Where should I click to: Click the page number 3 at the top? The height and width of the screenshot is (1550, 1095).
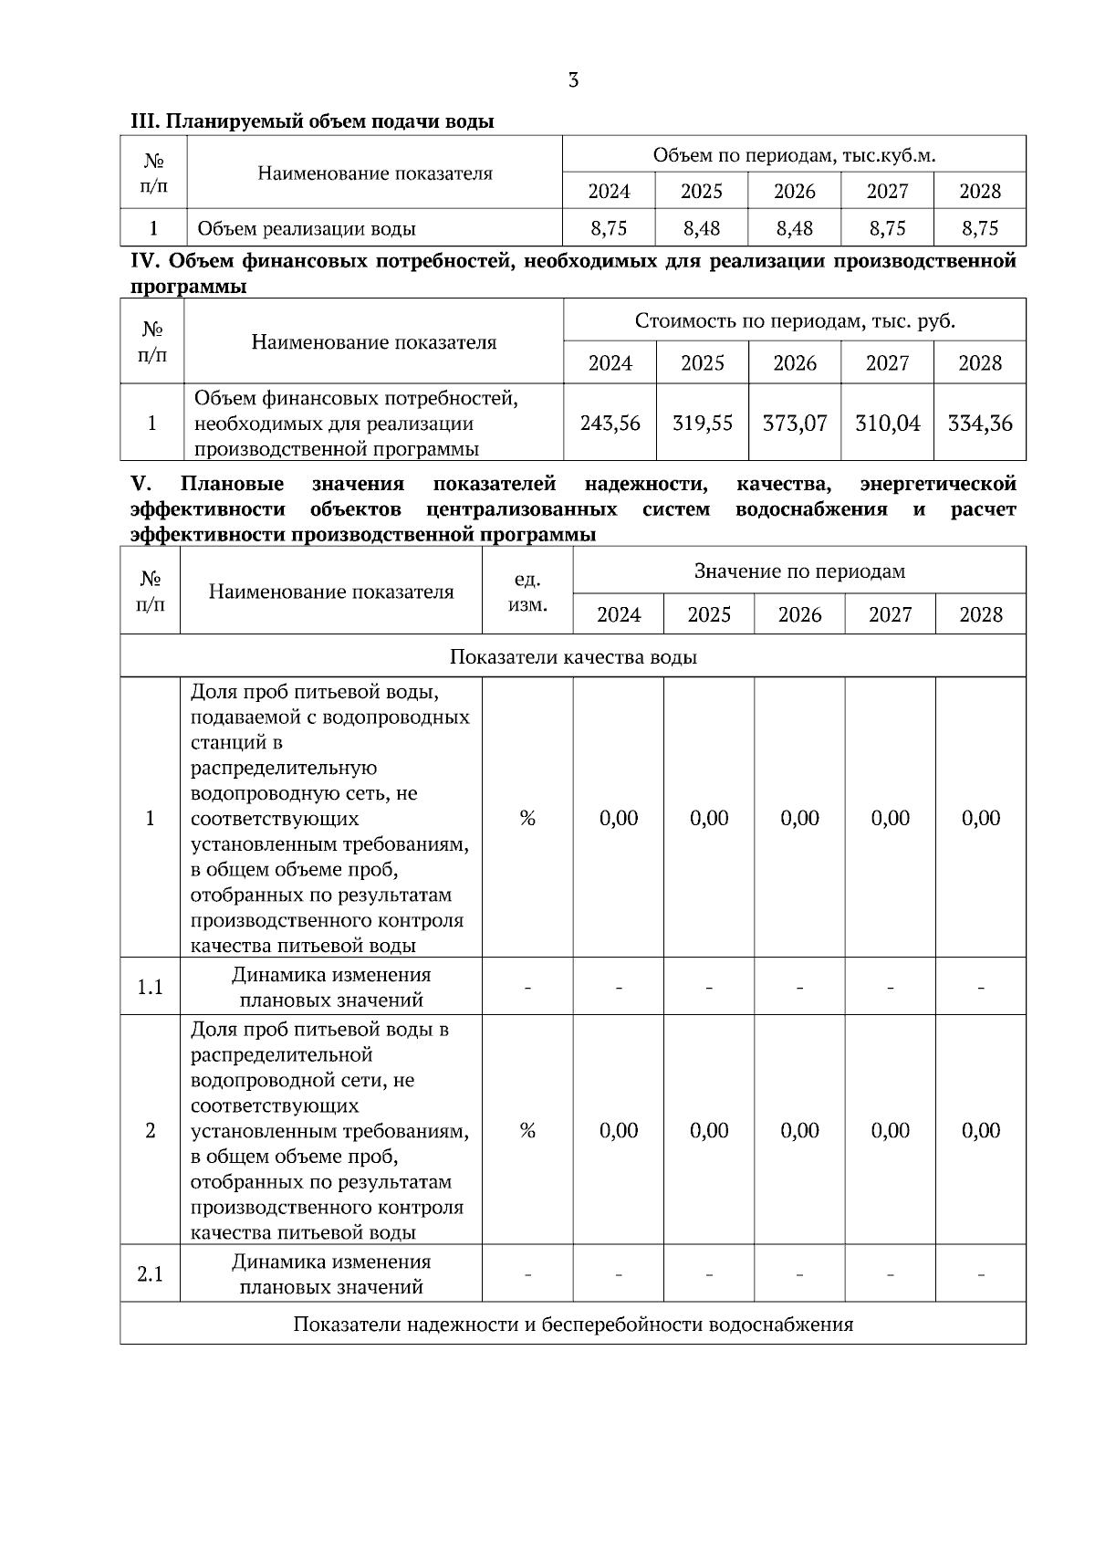pyautogui.click(x=573, y=80)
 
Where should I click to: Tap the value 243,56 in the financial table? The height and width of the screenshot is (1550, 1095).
pyautogui.click(x=610, y=423)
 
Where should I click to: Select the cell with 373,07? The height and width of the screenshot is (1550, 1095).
pyautogui.click(x=794, y=423)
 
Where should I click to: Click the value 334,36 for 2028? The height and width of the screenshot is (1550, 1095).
pyautogui.click(x=980, y=423)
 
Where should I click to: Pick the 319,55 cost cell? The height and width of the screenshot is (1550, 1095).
pyautogui.click(x=702, y=423)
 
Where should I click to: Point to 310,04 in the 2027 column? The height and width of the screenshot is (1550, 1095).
pyautogui.click(x=887, y=423)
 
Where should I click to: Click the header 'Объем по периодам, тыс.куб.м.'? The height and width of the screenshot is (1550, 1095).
pyautogui.click(x=794, y=155)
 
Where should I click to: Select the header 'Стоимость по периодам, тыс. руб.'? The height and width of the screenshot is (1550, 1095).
pyautogui.click(x=795, y=320)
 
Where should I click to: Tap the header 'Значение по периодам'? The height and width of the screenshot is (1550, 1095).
pyautogui.click(x=799, y=571)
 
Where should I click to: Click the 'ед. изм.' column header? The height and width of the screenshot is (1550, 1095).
pyautogui.click(x=527, y=592)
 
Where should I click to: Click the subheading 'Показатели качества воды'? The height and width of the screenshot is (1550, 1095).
pyautogui.click(x=573, y=656)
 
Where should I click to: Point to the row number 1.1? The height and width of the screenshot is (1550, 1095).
pyautogui.click(x=150, y=987)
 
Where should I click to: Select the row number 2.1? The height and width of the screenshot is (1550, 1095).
pyautogui.click(x=150, y=1273)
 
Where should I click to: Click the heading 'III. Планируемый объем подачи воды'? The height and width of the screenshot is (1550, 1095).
pyautogui.click(x=312, y=120)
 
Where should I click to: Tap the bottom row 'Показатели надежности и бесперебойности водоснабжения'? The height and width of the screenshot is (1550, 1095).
pyautogui.click(x=573, y=1324)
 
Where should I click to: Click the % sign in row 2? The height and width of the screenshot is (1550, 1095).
pyautogui.click(x=527, y=1130)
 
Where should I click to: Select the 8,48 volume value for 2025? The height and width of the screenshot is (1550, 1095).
pyautogui.click(x=701, y=228)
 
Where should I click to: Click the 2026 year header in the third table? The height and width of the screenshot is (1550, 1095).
pyautogui.click(x=799, y=614)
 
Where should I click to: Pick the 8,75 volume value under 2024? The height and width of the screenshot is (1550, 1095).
pyautogui.click(x=609, y=228)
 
